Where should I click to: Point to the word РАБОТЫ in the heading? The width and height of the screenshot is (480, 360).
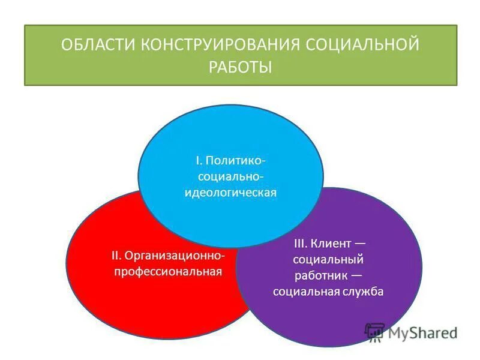click(x=240, y=67)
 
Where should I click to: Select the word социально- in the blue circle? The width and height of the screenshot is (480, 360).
click(x=230, y=177)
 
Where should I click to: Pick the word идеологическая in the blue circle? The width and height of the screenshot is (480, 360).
click(x=230, y=193)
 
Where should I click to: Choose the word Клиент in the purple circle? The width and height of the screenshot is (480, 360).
click(x=332, y=244)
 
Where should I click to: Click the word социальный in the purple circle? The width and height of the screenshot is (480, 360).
click(x=328, y=260)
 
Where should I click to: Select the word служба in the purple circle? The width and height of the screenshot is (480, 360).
click(x=360, y=292)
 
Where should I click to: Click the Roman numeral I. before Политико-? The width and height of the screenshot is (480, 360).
click(x=199, y=161)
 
